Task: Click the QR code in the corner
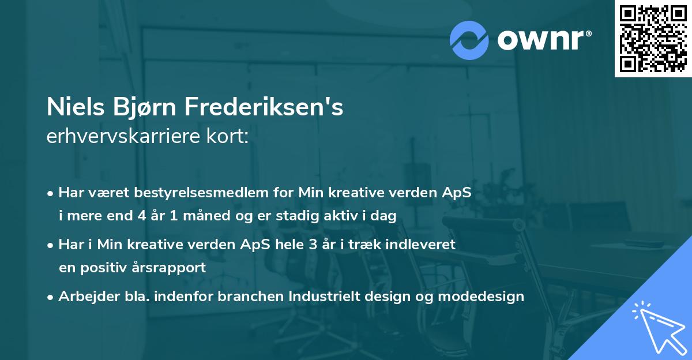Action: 653,39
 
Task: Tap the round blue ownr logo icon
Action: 469,40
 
